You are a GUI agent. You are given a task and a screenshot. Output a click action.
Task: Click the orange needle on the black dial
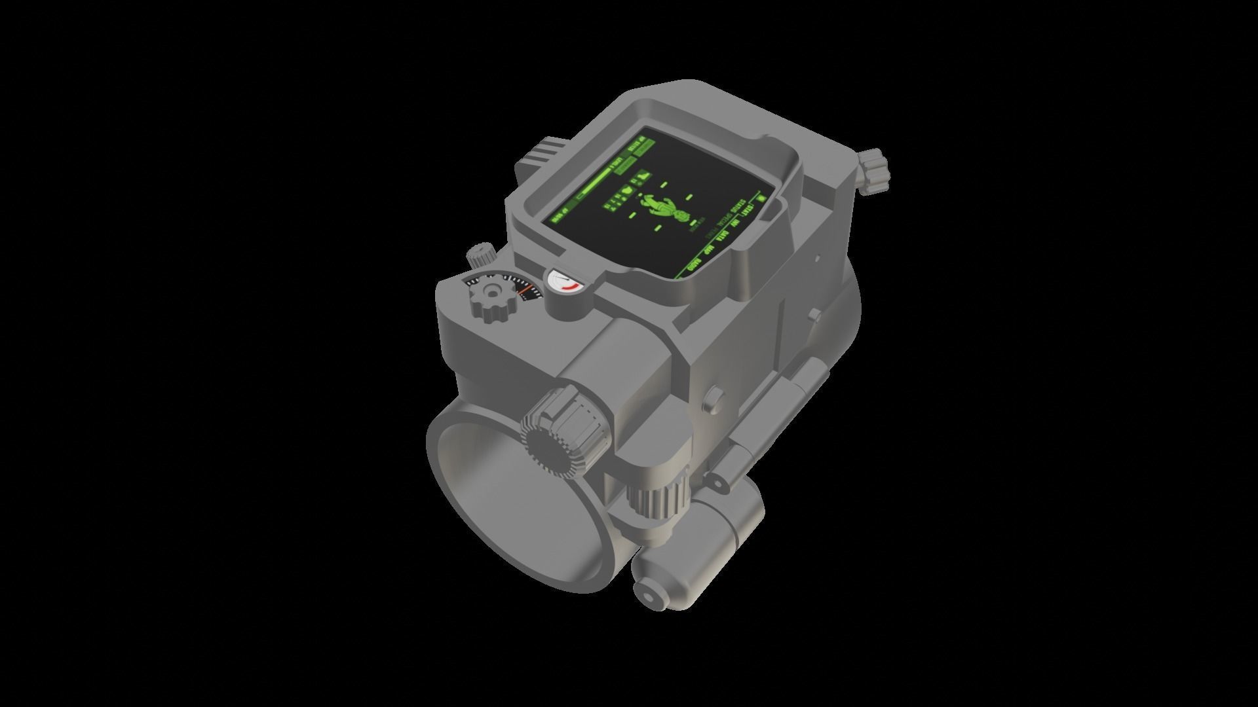pyautogui.click(x=526, y=289)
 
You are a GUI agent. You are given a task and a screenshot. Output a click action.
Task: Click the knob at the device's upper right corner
pyautogui.click(x=874, y=172)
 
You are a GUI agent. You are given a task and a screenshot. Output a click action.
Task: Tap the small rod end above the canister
pyautogui.click(x=717, y=483)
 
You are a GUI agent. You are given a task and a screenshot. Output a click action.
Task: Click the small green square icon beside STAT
pyautogui.click(x=762, y=198)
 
